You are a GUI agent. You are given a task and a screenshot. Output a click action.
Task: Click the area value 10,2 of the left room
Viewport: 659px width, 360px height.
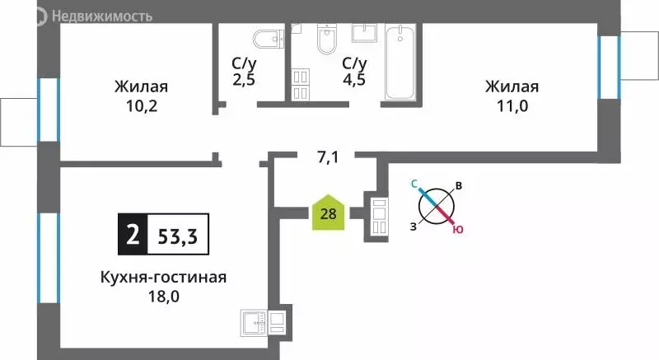tap(142, 106)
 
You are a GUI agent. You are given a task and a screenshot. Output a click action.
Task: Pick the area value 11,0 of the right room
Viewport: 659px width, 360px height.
tap(512, 106)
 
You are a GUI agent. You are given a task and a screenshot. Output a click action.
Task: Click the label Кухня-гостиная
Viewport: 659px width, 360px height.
tap(160, 278)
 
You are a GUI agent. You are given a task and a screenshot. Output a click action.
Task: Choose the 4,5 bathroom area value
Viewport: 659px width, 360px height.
tap(354, 81)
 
